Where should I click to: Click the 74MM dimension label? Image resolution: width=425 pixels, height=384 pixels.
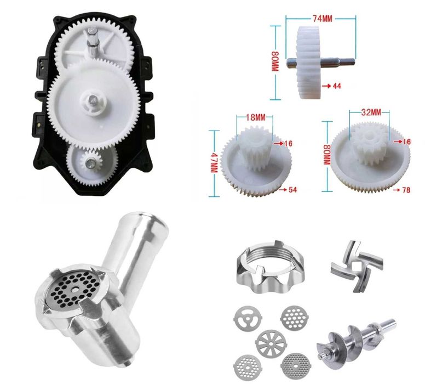pos(322,19)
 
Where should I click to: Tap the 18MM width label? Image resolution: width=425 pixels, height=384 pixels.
pos(256,117)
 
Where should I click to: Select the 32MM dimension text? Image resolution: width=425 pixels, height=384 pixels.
pos(371,112)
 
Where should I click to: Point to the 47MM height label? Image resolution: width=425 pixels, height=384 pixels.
pos(214,163)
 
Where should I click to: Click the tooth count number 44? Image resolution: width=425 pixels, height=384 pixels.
pos(337,86)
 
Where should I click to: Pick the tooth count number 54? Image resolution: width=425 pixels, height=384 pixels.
pos(292,190)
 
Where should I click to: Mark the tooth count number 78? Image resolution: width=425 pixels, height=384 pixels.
pos(406,190)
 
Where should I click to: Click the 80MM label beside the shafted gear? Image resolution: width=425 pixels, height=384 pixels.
pos(275,61)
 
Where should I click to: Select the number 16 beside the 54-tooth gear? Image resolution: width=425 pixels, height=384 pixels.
pos(289,143)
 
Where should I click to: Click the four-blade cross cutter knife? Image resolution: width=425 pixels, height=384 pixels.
pos(357,266)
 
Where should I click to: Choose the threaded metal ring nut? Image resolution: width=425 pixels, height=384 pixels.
pos(271,264)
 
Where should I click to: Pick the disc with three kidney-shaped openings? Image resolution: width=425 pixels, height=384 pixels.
pos(248,318)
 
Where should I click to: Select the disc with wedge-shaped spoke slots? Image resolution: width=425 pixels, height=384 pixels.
pos(271,343)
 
